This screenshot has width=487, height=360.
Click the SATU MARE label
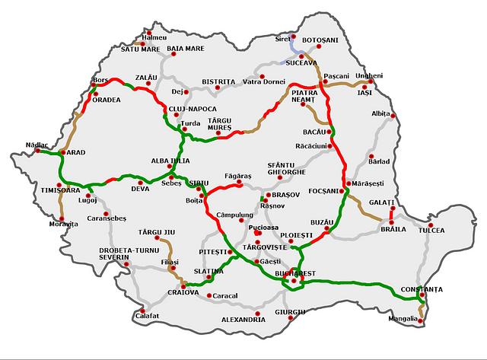tap(141, 49)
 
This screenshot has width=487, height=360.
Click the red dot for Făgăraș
tap(240, 183)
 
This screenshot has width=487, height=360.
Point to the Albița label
tap(380, 113)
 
